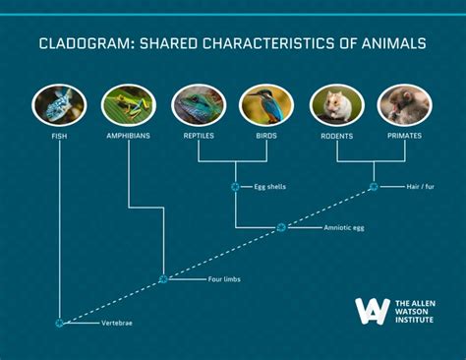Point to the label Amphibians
pos(129,135)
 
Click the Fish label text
pos(59,135)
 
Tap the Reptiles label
pos(199,135)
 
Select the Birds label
pos(267,135)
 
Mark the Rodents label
pos(337,135)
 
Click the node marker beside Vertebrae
pos(60,323)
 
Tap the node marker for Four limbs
pos(163,279)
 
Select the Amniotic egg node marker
pos(281,227)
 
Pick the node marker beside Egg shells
pos(234,185)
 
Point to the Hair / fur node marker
pos(373,185)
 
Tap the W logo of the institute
pos(372,311)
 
